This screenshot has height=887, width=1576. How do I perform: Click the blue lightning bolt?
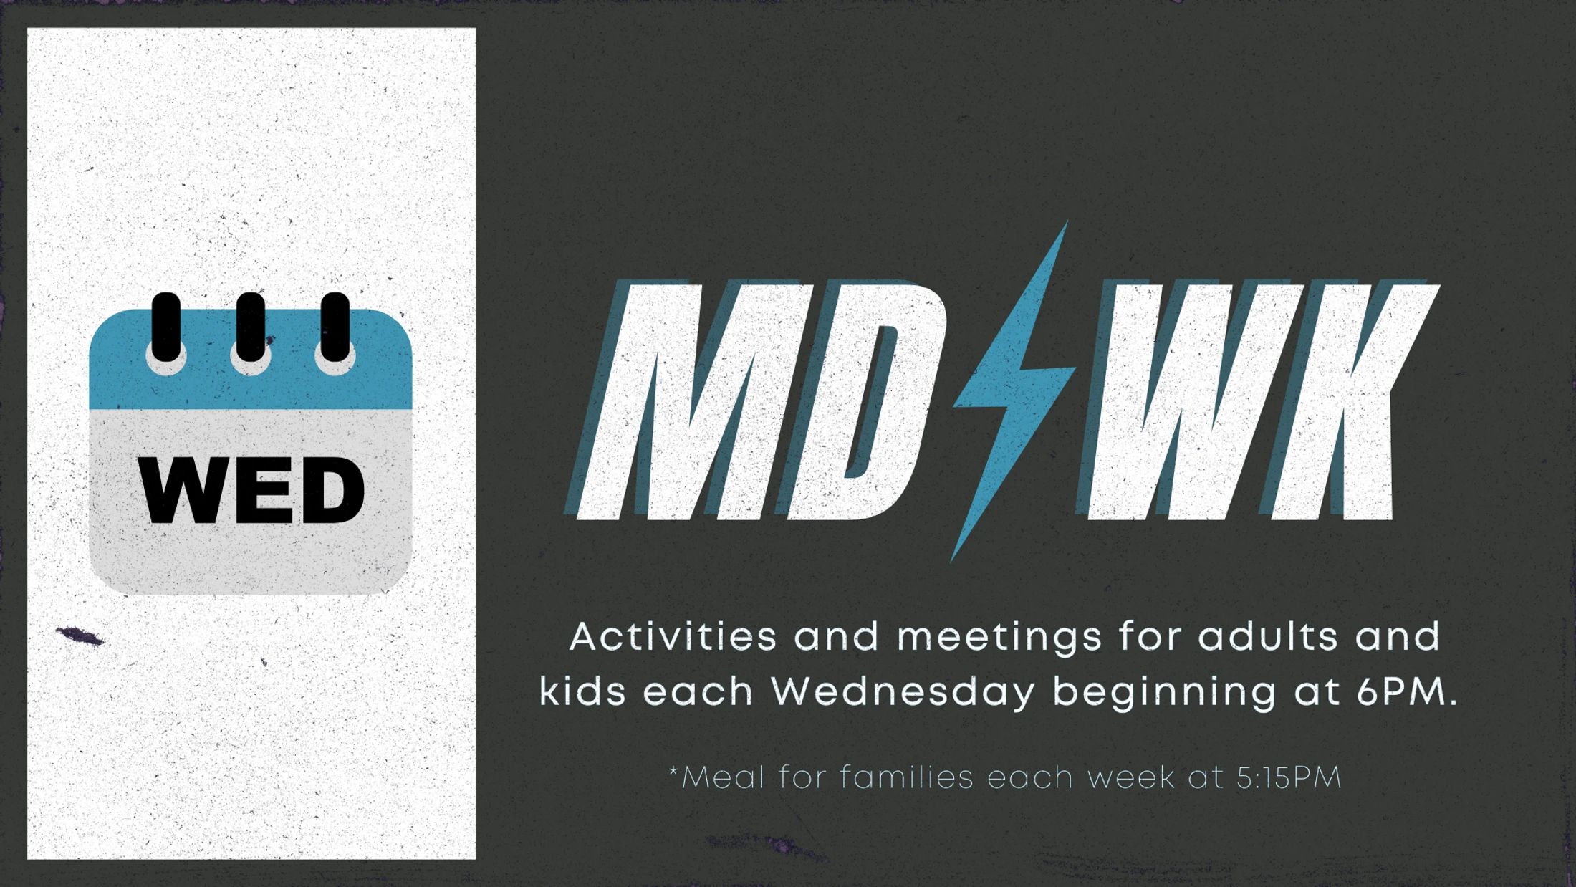(x=1013, y=391)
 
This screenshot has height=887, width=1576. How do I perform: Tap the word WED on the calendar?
(x=251, y=491)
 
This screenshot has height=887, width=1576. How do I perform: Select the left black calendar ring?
(x=166, y=327)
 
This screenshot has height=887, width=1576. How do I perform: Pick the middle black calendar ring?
(x=251, y=327)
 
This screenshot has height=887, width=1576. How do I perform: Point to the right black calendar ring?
(x=335, y=327)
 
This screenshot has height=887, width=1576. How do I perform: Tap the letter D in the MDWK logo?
(x=860, y=401)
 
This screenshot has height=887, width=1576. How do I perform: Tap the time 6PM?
(x=1407, y=692)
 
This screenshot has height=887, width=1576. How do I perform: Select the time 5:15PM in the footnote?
(x=1289, y=777)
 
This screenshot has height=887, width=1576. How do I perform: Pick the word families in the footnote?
(x=906, y=777)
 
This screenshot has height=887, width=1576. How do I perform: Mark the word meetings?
(x=999, y=638)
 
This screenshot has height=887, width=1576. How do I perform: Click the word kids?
(x=582, y=692)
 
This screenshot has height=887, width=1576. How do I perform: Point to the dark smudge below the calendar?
(x=80, y=635)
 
